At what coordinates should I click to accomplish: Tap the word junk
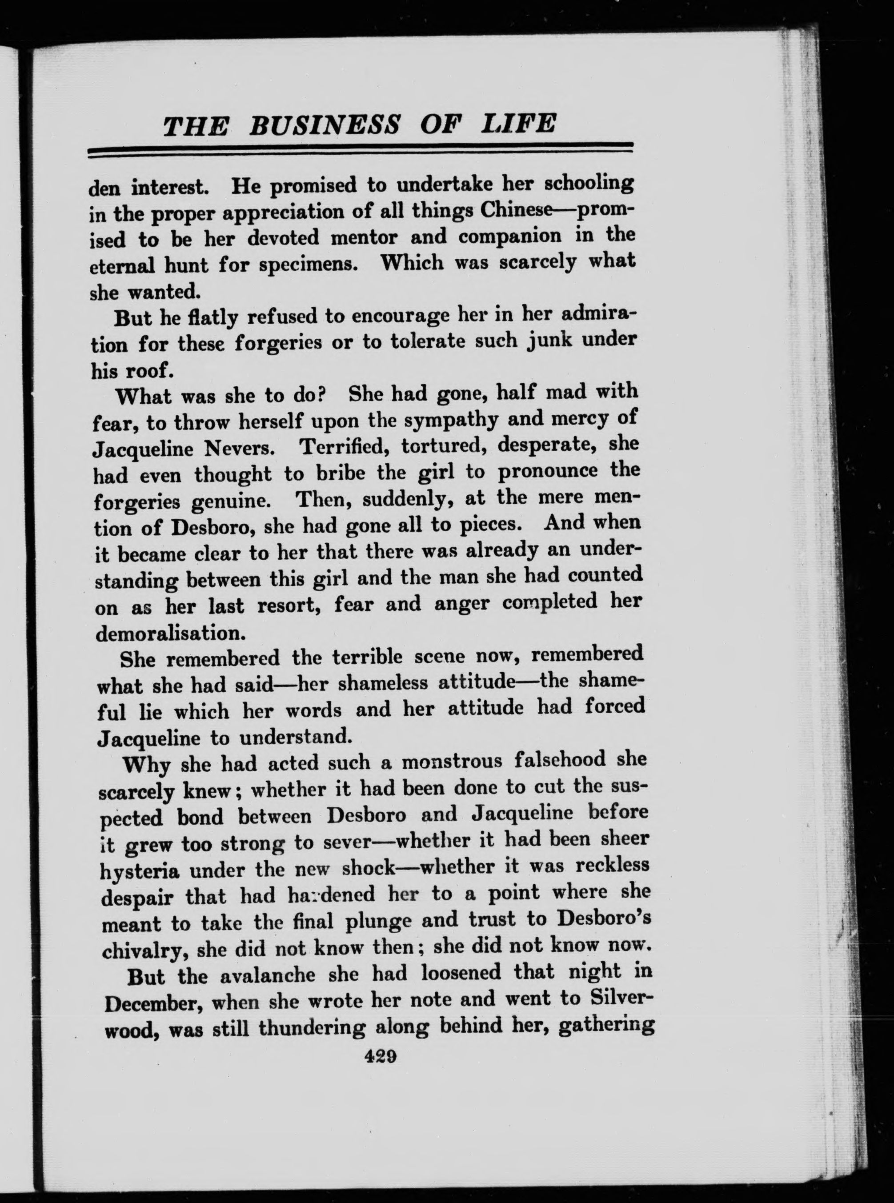(x=547, y=341)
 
